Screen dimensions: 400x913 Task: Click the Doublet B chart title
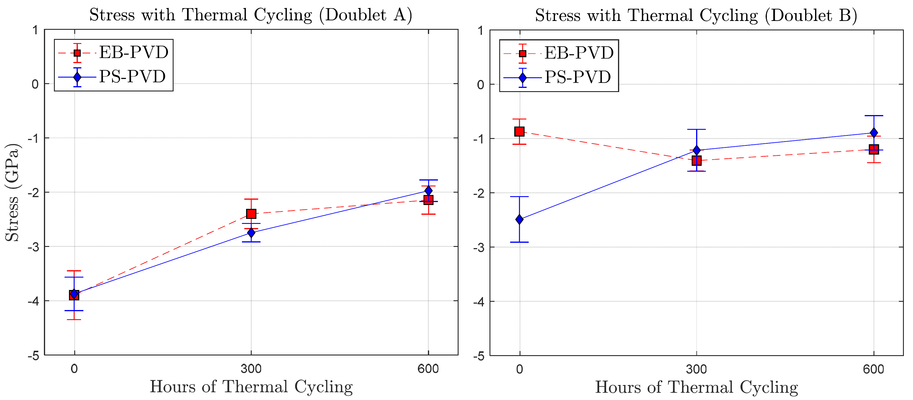[x=696, y=16]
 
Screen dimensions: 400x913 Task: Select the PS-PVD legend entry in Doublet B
[x=558, y=77]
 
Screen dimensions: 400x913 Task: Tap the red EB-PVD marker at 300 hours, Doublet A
[x=251, y=214]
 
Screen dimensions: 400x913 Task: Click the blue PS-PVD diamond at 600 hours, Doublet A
[x=428, y=191]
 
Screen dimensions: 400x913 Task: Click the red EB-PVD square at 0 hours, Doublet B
[x=519, y=132]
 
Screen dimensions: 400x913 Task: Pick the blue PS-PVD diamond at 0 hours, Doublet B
[x=520, y=219]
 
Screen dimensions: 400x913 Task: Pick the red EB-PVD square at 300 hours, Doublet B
[x=696, y=161]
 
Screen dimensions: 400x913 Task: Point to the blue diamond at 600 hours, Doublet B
[x=874, y=133]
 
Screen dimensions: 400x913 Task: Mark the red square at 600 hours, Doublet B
[x=874, y=149]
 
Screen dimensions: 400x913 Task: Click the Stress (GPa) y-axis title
[x=12, y=192]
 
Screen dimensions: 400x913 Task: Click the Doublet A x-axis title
[x=251, y=386]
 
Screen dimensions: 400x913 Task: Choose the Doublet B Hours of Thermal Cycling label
[x=696, y=387]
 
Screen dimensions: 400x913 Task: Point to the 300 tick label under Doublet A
[x=251, y=369]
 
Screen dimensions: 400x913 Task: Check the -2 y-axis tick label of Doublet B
[x=479, y=193]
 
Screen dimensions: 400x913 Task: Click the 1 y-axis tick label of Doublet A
[x=35, y=30]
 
